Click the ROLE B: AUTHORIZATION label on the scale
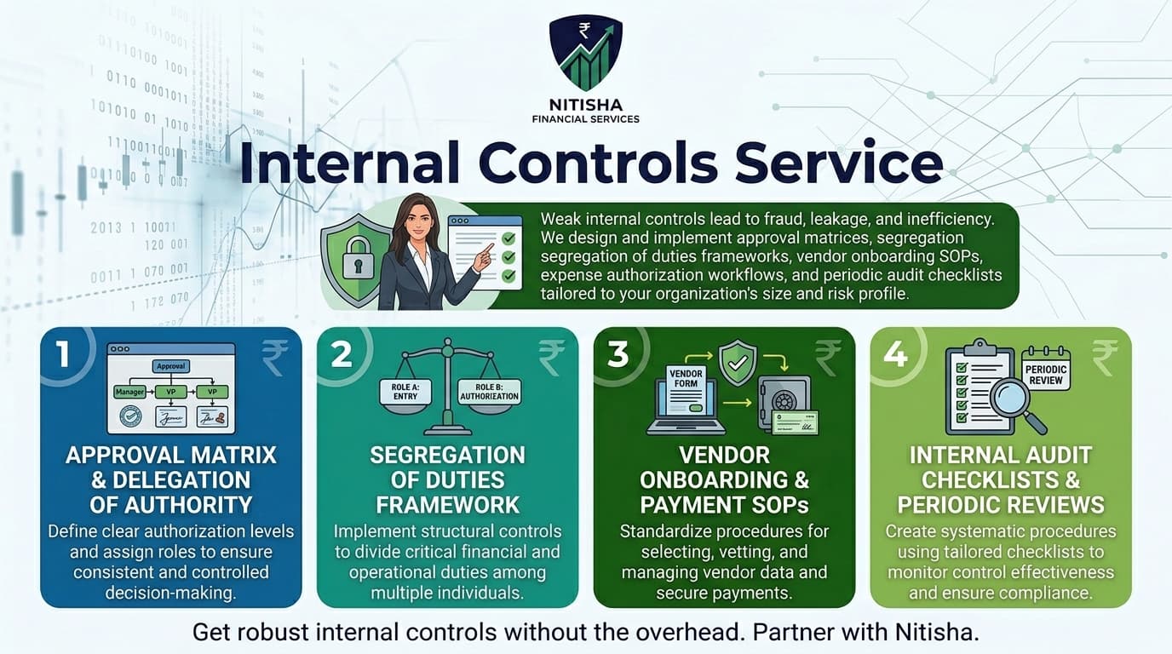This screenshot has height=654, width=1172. click(490, 392)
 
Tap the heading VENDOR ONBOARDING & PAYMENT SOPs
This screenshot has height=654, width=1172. click(724, 479)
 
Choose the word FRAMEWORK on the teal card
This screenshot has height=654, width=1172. click(447, 504)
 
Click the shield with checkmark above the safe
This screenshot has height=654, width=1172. click(737, 362)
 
